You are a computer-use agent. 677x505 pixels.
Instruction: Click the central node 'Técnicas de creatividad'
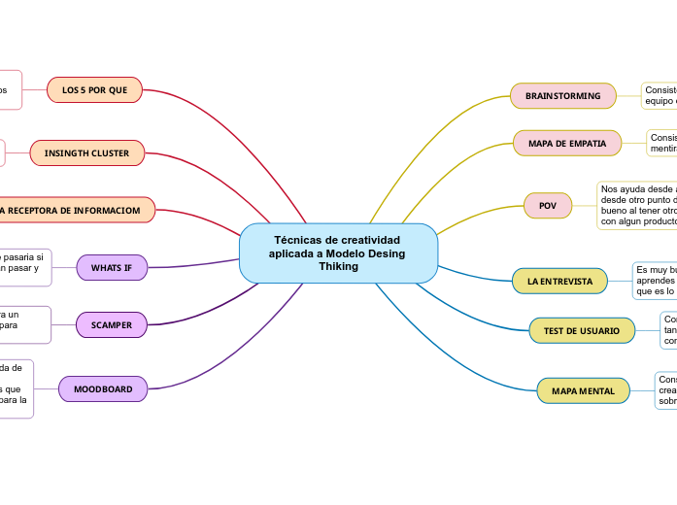338,252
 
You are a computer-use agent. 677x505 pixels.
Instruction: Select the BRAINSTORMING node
562,96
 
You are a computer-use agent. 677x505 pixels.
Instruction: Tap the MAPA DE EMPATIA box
567,144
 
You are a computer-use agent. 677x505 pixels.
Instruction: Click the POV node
548,206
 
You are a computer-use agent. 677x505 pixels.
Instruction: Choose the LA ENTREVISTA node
559,282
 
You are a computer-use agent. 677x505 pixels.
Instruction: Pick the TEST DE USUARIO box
581,331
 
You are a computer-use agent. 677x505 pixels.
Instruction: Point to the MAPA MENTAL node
583,391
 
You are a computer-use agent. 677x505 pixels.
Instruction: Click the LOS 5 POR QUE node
94,90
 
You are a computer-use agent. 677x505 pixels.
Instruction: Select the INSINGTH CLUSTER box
86,153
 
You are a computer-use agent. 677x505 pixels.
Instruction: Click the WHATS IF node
111,267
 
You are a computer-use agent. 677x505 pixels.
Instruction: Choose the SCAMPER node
111,325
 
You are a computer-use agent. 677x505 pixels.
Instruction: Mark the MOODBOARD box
103,389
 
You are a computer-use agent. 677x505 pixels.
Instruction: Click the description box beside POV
637,205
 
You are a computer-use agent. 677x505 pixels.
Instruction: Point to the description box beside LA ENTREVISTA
655,280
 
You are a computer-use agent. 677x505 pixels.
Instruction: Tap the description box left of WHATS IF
24,267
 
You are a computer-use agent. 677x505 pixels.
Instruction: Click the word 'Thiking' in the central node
338,266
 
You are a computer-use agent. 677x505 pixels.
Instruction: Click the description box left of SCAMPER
22,324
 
